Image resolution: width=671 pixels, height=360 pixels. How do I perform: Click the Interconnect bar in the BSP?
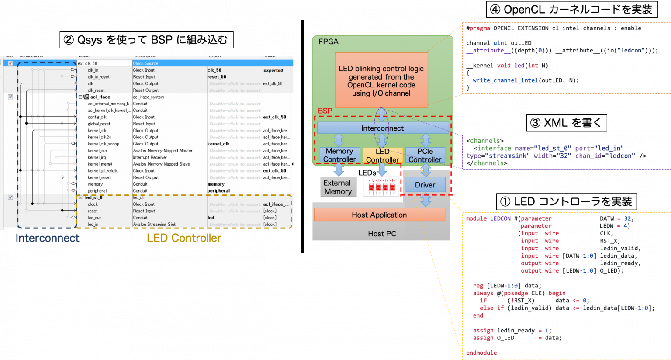382,128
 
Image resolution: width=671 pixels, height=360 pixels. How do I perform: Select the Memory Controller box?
339,156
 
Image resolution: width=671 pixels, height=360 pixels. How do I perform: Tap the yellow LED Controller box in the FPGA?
382,156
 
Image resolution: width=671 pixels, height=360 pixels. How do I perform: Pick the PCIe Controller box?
425,156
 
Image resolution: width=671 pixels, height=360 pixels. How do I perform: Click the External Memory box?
338,187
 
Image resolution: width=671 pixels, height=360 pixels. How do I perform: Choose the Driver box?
425,185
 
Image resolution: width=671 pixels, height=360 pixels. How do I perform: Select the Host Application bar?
379,215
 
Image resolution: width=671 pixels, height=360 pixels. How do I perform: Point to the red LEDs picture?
381,187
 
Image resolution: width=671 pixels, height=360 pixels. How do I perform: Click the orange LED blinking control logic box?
381,80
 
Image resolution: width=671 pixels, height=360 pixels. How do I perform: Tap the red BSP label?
325,111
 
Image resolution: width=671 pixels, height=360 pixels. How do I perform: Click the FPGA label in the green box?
329,42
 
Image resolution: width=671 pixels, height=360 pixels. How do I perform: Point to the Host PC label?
382,234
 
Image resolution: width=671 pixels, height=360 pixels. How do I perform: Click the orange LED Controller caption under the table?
184,238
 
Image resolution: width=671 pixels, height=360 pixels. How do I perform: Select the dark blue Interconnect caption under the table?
48,238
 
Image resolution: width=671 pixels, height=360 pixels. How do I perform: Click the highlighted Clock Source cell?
146,63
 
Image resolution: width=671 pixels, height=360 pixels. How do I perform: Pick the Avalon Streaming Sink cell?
155,225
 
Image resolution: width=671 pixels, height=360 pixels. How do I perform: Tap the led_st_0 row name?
94,197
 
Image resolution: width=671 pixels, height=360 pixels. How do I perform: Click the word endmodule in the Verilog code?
481,353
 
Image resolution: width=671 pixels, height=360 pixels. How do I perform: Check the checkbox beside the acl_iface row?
10,97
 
